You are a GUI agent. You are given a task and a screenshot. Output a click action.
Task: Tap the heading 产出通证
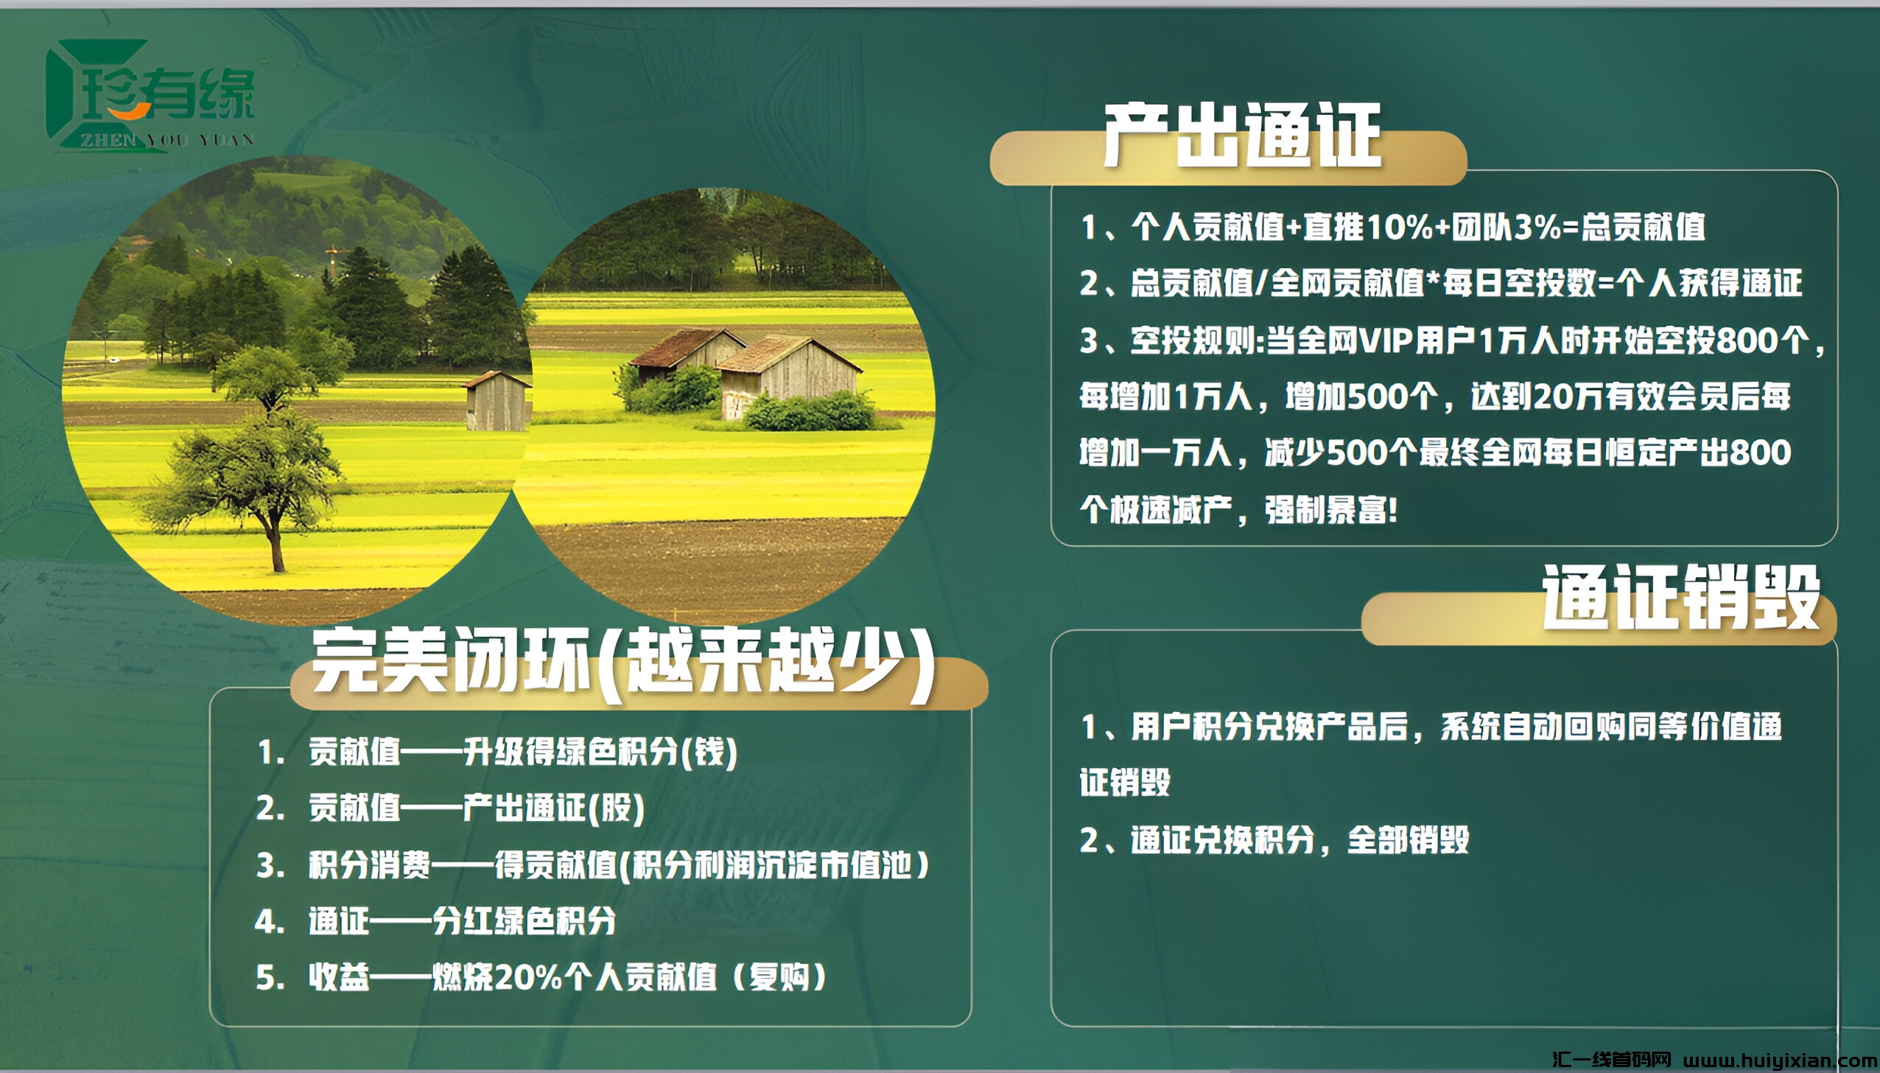tap(1241, 136)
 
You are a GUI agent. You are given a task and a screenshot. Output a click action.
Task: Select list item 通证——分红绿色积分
tap(461, 921)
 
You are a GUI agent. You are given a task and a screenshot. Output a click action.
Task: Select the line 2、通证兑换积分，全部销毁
tap(1274, 840)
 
